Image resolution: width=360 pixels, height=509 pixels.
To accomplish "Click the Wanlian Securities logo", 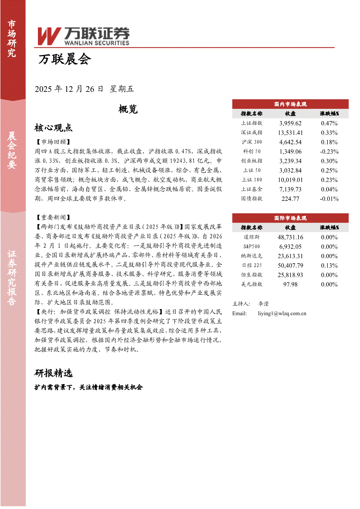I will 83,36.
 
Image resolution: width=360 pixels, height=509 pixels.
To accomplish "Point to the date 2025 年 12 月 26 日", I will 69,89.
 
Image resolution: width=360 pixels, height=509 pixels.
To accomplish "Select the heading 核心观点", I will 53,128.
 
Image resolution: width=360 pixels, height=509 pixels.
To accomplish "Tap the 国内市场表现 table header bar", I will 290,104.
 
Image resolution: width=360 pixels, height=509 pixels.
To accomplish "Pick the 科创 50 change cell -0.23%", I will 329,152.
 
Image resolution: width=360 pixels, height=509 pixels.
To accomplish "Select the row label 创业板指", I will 251,161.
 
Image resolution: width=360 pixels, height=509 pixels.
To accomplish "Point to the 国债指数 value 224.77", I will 290,199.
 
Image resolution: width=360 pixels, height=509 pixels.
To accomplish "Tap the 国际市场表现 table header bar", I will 290,218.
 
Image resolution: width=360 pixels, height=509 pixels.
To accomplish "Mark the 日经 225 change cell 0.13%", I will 329,266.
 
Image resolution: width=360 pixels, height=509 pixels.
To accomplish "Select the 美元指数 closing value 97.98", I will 290,284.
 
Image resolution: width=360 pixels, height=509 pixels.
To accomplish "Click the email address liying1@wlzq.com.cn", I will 282,313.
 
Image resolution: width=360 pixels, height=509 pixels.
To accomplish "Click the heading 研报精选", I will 53,373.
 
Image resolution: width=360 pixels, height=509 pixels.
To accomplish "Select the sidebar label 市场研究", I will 12,39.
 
